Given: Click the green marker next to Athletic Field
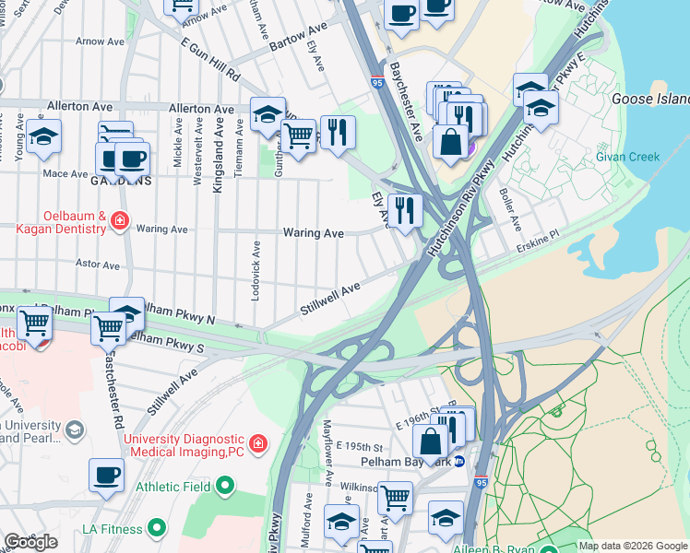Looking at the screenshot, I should pos(224,486).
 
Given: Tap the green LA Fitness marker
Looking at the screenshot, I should pos(157,528).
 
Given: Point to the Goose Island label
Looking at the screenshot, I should pos(650,99).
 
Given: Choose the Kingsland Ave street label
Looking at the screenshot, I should pos(219,159).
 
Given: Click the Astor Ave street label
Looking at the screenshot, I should pos(98,265).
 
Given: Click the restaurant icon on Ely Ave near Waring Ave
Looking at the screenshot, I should pos(404,210).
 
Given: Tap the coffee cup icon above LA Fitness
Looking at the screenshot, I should pos(106,476).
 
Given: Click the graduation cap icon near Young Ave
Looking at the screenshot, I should pos(43,135).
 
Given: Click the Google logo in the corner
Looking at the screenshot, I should pos(31,541).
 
